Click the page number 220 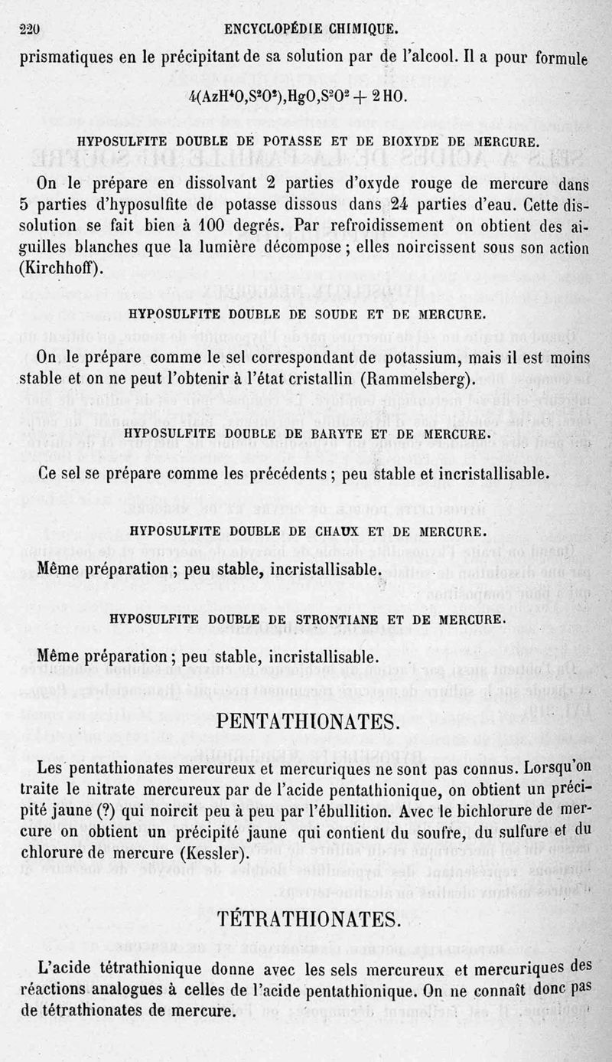[28, 30]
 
